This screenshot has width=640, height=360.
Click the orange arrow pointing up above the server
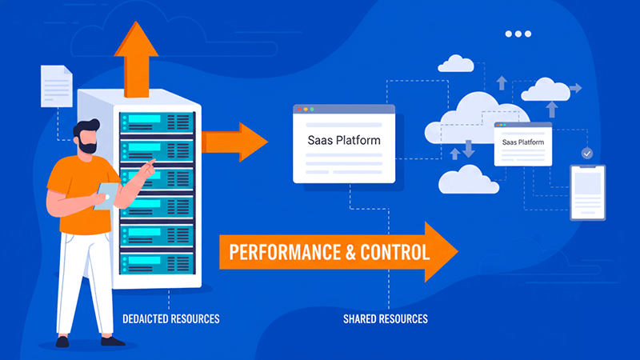tap(137, 50)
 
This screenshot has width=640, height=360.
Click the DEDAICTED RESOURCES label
tap(170, 319)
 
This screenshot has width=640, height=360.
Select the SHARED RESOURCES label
tap(386, 319)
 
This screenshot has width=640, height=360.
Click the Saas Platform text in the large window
tap(344, 140)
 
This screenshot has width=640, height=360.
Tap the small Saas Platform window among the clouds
tap(522, 143)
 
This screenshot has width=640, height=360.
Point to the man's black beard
tap(87, 147)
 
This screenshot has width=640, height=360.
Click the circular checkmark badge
tap(587, 152)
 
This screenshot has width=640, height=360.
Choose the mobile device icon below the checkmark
tap(587, 192)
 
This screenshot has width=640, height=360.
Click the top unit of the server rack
tap(156, 122)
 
